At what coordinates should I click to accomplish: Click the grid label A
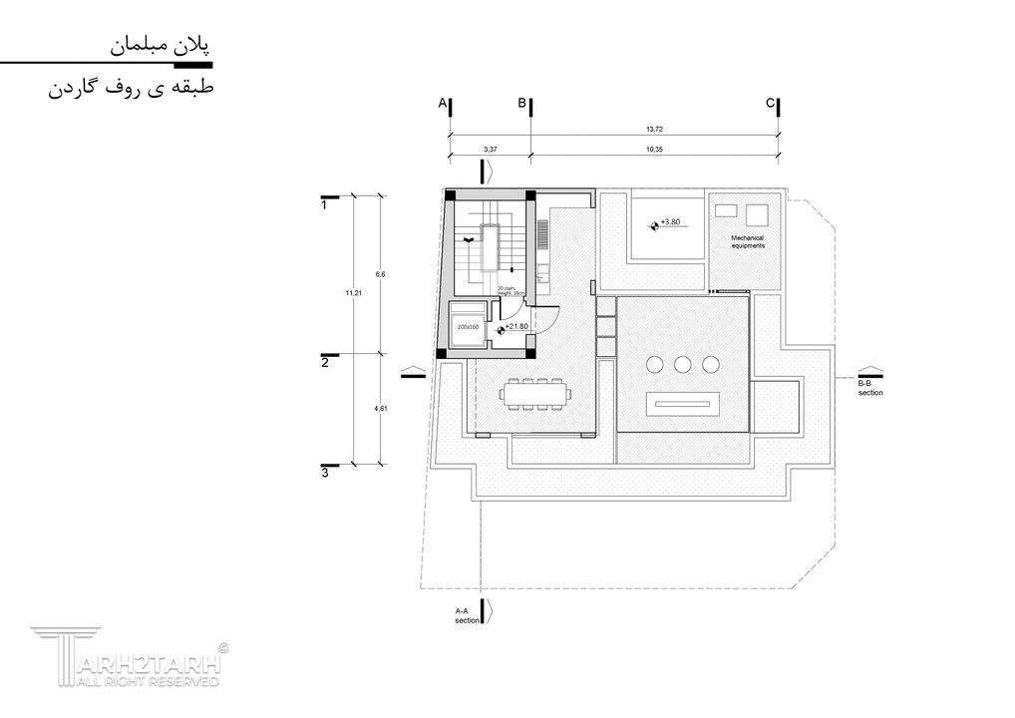point(442,103)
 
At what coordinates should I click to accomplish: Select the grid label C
point(770,103)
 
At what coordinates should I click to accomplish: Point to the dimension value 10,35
point(654,149)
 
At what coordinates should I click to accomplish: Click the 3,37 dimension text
point(490,149)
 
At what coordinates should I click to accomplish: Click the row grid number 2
point(325,363)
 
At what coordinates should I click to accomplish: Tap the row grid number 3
point(325,473)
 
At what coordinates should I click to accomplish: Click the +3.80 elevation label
point(670,222)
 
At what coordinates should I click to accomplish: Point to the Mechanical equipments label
point(748,242)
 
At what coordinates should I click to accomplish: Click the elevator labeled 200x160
point(468,326)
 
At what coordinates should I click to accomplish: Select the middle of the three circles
point(683,364)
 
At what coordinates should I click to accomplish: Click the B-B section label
point(870,389)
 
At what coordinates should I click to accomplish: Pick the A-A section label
point(467,615)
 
